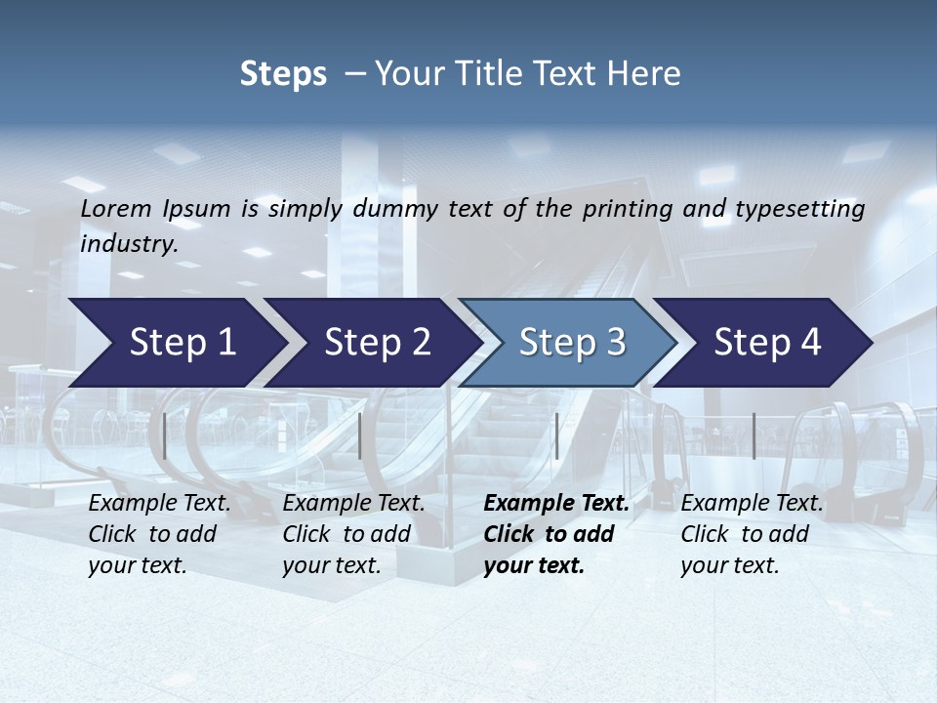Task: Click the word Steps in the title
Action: [x=283, y=74]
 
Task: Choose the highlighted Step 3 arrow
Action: [x=567, y=343]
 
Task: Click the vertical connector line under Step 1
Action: [x=165, y=435]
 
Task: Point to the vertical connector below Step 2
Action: [x=360, y=435]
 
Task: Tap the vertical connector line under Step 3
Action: [x=556, y=435]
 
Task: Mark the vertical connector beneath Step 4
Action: [x=754, y=435]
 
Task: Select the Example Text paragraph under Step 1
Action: [x=158, y=534]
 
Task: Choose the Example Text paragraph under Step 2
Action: [x=352, y=534]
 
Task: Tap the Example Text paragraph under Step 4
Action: [x=751, y=534]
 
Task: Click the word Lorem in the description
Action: [x=115, y=208]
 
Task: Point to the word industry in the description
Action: [x=128, y=244]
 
